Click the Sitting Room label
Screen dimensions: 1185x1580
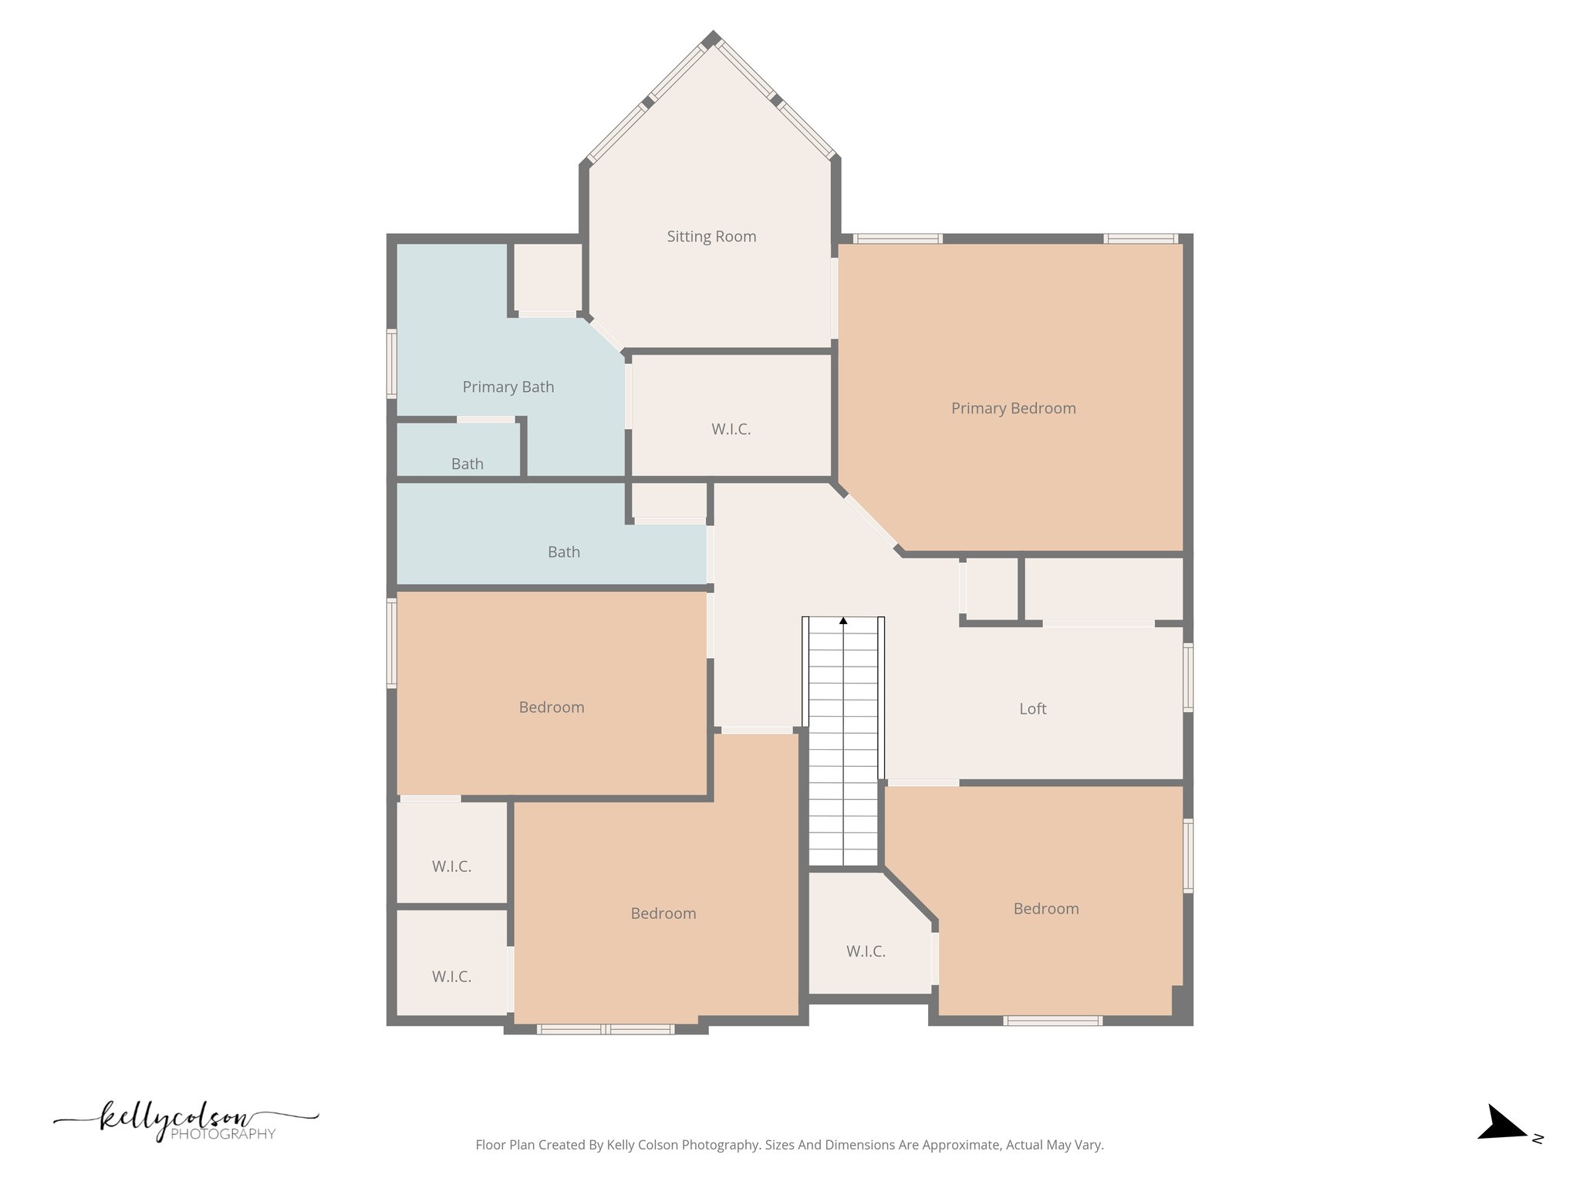(711, 237)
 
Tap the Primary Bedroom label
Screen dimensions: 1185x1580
(1013, 408)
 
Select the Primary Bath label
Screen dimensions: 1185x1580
(508, 387)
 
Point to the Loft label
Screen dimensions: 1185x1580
(1032, 709)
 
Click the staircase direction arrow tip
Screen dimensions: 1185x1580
(843, 620)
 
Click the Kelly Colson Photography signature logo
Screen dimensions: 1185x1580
(185, 1121)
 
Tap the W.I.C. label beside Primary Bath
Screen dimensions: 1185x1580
(731, 430)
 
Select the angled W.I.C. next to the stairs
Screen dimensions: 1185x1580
(866, 951)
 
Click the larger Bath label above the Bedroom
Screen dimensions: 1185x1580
(563, 552)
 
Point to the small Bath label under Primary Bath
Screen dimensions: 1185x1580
(467, 464)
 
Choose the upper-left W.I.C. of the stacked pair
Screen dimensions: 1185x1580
(451, 866)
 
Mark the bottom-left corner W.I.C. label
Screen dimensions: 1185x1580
(451, 977)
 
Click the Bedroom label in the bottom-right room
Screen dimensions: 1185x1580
(1045, 909)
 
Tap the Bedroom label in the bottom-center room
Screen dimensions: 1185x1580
(663, 913)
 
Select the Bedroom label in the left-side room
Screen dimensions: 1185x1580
(551, 707)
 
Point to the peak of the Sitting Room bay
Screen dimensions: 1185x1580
(711, 38)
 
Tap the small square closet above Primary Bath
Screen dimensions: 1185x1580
(547, 278)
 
